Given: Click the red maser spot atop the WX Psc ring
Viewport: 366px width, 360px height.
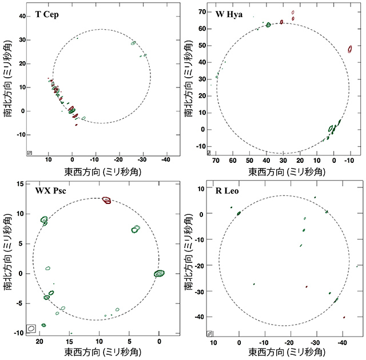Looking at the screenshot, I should (107, 200).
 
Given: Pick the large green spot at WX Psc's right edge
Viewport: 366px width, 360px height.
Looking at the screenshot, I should (159, 273).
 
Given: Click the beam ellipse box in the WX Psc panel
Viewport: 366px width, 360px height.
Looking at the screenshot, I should (31, 328).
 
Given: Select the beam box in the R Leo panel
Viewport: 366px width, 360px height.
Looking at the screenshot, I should (210, 333).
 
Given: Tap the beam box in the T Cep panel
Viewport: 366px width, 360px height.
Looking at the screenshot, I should (29, 153).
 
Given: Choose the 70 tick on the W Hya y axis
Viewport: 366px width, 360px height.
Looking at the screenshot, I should (201, 11).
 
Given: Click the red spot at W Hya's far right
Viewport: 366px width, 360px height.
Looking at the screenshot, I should (351, 50).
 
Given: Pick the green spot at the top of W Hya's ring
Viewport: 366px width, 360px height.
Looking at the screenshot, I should (268, 25).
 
